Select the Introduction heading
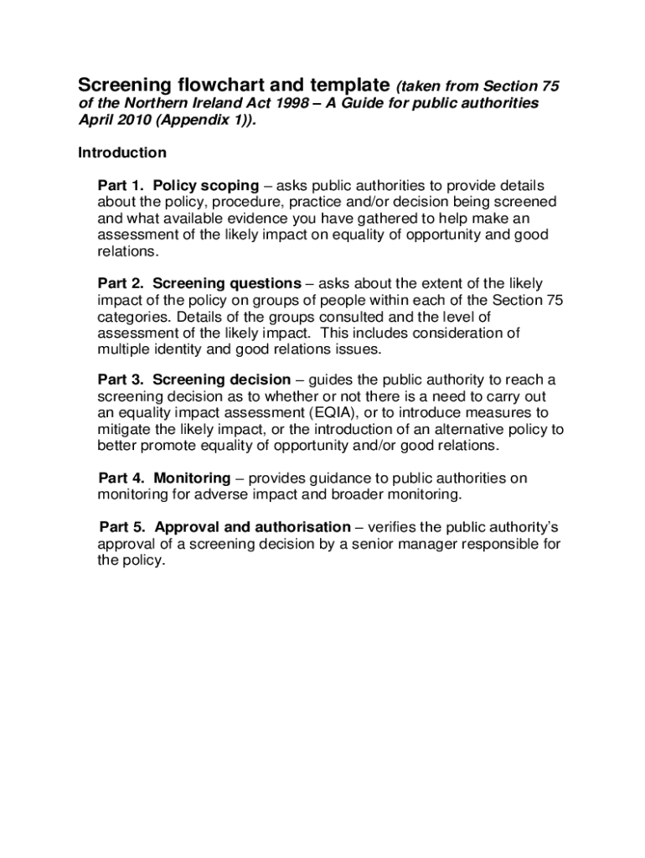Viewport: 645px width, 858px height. point(122,153)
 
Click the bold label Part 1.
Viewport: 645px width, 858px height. point(121,186)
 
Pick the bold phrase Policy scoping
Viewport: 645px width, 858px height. point(206,186)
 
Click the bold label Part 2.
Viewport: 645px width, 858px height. point(121,284)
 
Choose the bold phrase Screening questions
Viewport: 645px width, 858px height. point(227,284)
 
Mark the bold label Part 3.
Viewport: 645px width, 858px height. point(121,380)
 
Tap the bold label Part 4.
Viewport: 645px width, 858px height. point(122,478)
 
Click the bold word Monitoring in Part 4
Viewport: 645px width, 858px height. point(193,478)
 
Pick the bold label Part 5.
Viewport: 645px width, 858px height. point(123,527)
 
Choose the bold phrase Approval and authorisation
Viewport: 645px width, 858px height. point(253,527)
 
